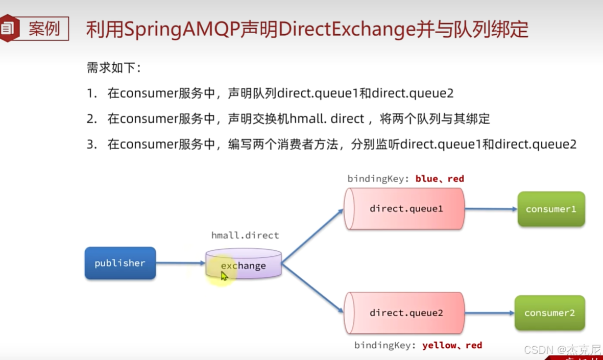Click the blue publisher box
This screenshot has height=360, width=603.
[x=120, y=263]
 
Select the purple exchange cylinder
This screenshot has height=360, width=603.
[x=244, y=264]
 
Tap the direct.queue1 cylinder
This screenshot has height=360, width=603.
[x=404, y=209]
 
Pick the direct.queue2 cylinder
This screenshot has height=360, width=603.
[x=404, y=313]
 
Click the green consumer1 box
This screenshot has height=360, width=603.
[x=550, y=209]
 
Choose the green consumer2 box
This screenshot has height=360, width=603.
[x=549, y=313]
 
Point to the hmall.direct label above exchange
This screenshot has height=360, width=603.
[x=245, y=235]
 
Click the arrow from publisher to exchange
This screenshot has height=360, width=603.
[x=180, y=263]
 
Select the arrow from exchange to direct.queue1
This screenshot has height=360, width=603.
[x=312, y=235]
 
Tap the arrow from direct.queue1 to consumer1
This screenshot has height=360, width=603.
[x=491, y=209]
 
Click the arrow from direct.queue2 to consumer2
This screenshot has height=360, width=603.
[x=489, y=313]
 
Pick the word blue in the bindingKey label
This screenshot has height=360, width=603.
[x=426, y=179]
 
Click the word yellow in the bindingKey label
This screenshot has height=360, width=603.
[x=439, y=346]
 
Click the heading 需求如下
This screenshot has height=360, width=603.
[x=113, y=68]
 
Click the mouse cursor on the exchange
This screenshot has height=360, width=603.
[x=224, y=276]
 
